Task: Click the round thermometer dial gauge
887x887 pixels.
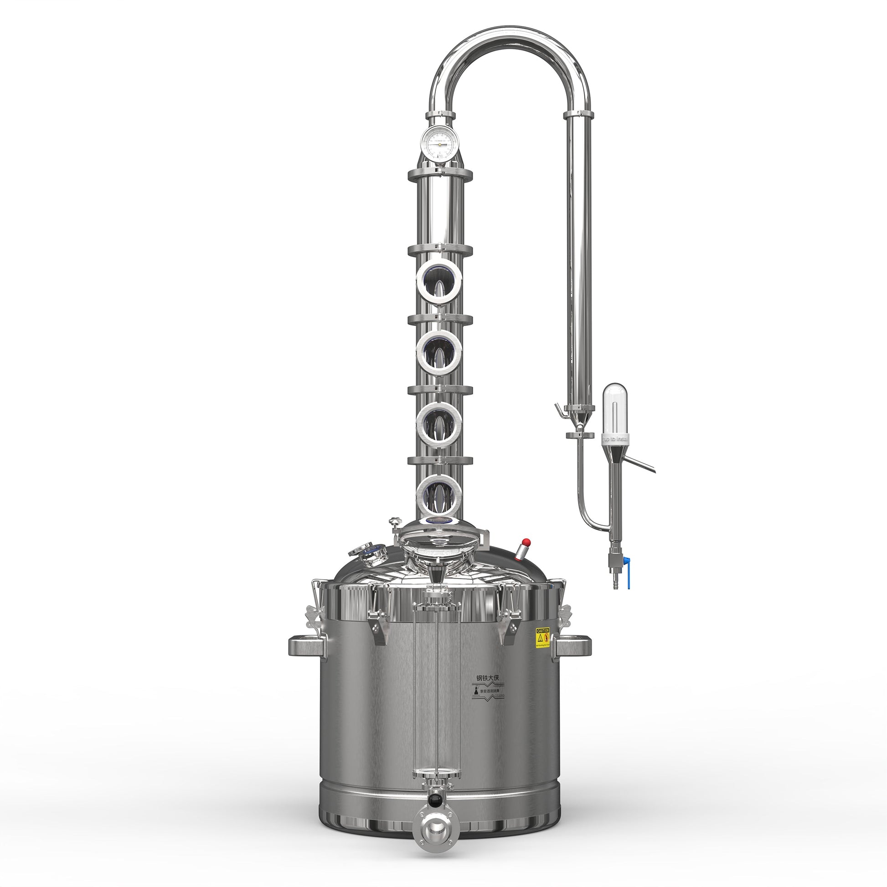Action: (440, 143)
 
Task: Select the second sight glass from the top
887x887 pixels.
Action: (439, 351)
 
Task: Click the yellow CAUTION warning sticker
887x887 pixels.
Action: (542, 638)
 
